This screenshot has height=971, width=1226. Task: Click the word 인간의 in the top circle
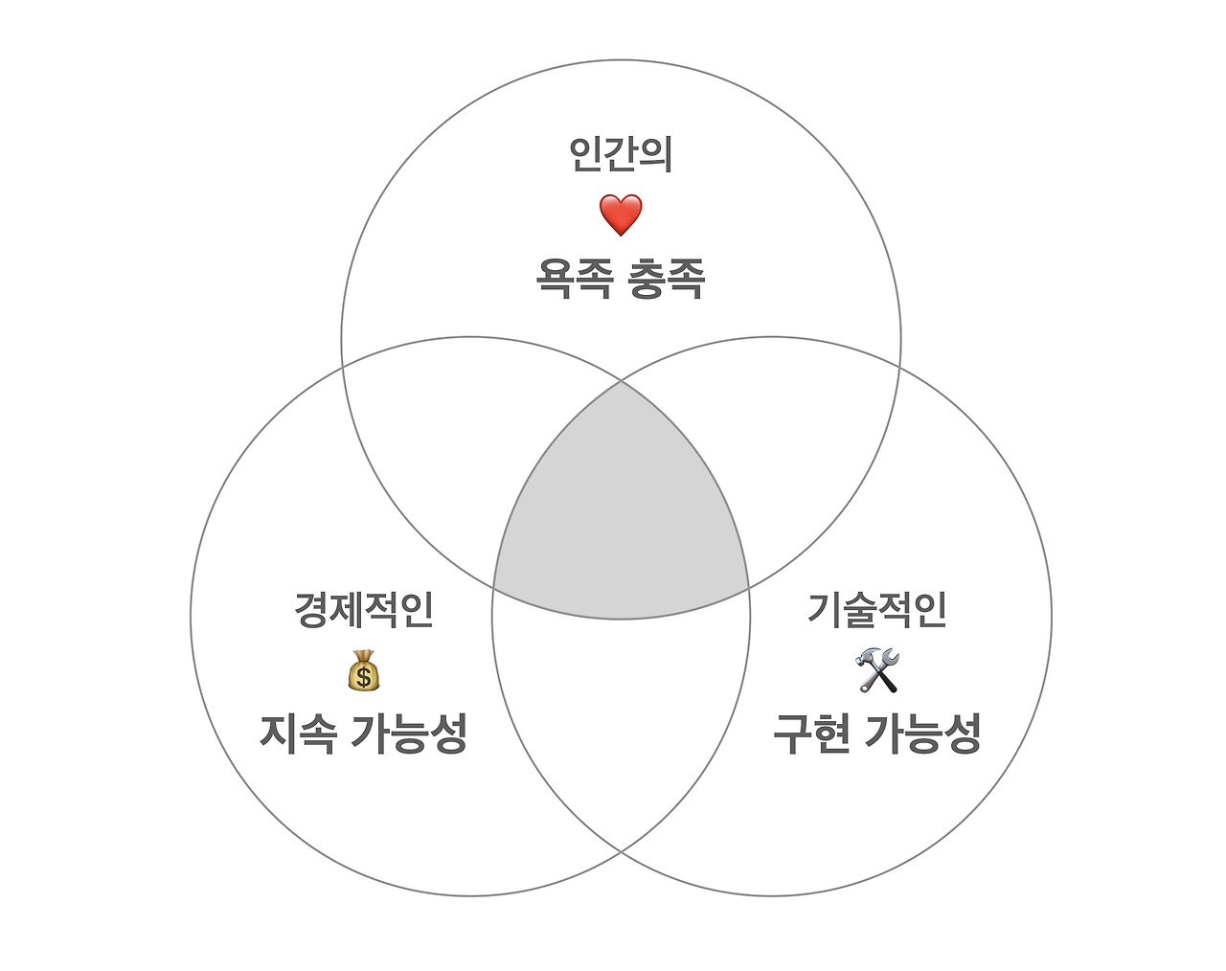[621, 154]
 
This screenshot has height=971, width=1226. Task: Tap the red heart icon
[621, 215]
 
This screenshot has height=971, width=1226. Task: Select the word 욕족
[573, 279]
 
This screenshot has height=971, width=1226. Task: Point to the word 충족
[666, 279]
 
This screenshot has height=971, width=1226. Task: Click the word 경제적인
[364, 609]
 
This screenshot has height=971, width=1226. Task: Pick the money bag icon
[364, 670]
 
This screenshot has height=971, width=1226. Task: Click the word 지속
[298, 734]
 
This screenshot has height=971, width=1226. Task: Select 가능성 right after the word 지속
[408, 734]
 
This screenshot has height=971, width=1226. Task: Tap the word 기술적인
[877, 609]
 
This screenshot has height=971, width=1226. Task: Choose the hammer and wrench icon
[877, 670]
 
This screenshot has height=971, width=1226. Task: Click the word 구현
[811, 734]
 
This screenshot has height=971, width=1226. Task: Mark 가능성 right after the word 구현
[922, 734]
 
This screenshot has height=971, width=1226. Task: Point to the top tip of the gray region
[621, 382]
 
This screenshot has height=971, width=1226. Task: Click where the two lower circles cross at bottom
[621, 851]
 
